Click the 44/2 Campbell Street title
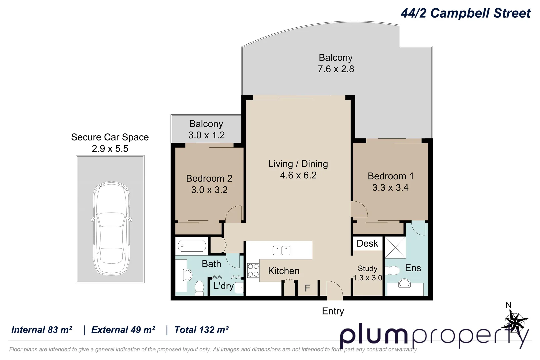(x=465, y=13)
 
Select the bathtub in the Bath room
(x=192, y=246)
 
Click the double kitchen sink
(x=282, y=250)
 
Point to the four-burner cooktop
(x=253, y=270)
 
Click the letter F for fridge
(x=307, y=288)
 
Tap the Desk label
(x=367, y=243)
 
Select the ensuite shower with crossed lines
(x=395, y=247)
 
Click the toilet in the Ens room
(x=394, y=270)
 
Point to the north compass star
(x=515, y=322)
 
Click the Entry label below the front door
(x=333, y=311)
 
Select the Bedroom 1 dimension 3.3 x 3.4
(x=390, y=188)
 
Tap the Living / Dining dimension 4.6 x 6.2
(x=298, y=175)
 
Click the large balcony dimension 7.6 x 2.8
(x=336, y=69)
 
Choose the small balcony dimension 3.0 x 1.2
(x=206, y=135)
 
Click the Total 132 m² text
(x=201, y=330)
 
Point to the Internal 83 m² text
(x=42, y=330)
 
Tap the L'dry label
(x=223, y=286)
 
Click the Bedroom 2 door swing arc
(x=234, y=214)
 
